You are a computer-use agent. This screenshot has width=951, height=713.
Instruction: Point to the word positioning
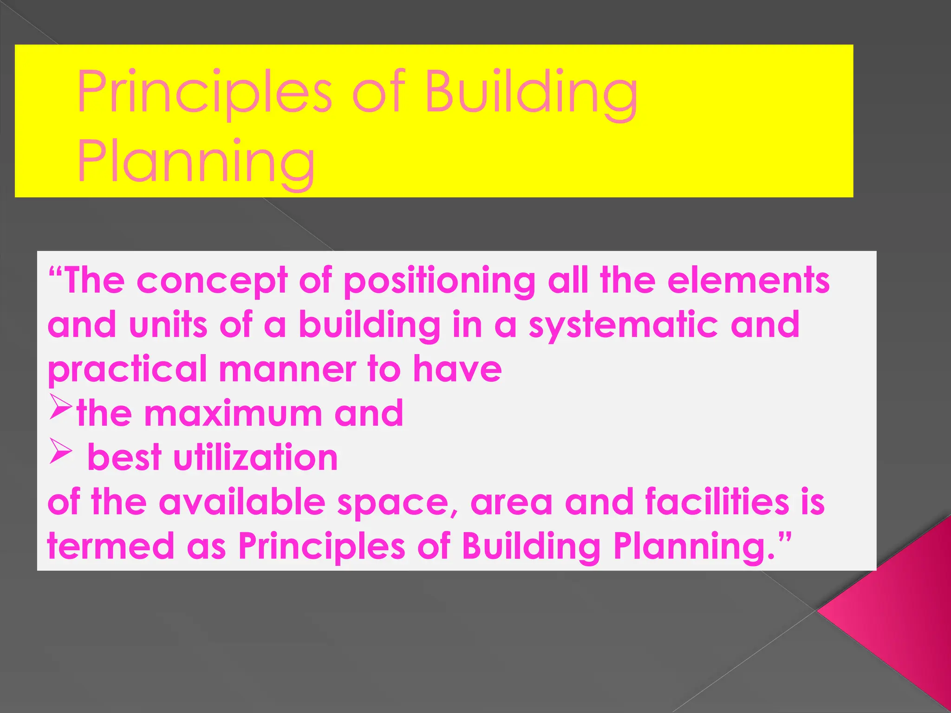point(439,281)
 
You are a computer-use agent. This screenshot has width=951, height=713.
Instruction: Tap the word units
point(168,324)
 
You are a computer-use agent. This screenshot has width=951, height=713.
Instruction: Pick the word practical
point(127,369)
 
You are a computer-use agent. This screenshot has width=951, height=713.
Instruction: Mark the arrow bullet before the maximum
point(60,407)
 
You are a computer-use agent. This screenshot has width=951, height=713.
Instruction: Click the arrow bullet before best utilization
point(60,451)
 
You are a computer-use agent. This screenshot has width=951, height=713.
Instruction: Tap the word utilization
point(255,458)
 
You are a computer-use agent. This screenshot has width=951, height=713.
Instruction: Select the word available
point(242,502)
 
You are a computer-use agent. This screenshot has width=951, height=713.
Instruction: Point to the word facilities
point(717,502)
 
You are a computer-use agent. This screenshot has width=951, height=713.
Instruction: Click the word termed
point(111,546)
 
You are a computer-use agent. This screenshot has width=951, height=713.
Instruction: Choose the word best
point(124,458)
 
